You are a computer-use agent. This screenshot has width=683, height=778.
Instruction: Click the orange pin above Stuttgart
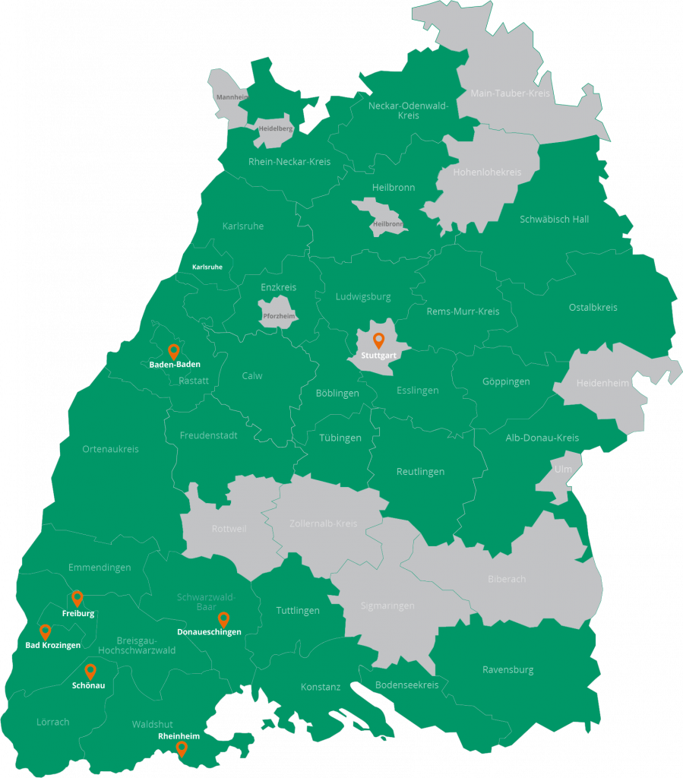(x=378, y=340)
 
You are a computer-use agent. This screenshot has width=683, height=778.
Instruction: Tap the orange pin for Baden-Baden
(x=173, y=351)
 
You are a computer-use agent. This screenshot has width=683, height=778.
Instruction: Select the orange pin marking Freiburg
(x=77, y=598)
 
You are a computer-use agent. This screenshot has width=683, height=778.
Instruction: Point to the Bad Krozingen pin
(x=45, y=631)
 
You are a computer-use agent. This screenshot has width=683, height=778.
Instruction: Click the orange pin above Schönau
(x=90, y=671)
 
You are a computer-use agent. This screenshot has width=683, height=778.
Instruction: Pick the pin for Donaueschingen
(x=223, y=619)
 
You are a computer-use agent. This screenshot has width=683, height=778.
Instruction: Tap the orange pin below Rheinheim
(x=182, y=749)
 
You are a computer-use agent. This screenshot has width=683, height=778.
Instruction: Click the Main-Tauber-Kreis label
(x=511, y=93)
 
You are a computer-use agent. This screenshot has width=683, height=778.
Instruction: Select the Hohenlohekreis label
(x=487, y=172)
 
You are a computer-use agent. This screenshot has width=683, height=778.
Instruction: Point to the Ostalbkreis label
(x=593, y=308)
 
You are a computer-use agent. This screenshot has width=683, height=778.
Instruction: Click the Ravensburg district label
(x=508, y=670)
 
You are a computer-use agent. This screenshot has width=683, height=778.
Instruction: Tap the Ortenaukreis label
(x=111, y=449)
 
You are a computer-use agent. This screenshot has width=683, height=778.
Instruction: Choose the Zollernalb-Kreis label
(x=324, y=524)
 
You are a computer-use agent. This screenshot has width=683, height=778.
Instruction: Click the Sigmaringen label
(x=388, y=606)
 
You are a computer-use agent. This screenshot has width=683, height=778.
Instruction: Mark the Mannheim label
(x=232, y=97)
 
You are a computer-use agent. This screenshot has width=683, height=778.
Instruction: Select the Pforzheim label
(x=279, y=315)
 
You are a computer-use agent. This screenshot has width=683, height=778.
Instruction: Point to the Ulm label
(x=563, y=469)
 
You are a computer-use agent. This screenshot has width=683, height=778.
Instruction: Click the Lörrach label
(x=53, y=722)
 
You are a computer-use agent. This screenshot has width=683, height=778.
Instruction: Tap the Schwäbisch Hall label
(x=555, y=220)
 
